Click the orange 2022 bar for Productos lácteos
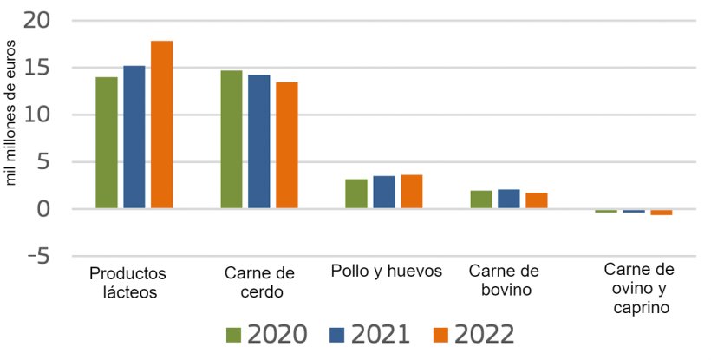tap(162, 124)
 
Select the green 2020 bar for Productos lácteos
tap(107, 143)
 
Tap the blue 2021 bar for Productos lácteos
tap(134, 137)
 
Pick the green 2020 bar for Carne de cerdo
tap(232, 140)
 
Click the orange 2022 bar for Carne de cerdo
tap(287, 145)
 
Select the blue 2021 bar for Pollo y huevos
tap(384, 193)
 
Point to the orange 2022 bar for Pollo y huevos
tap(412, 192)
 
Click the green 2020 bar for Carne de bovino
tap(481, 200)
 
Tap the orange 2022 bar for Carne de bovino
tap(537, 200)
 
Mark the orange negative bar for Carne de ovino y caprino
tap(662, 213)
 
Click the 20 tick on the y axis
tap(39, 20)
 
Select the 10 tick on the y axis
tap(39, 115)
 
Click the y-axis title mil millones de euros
tap(12, 115)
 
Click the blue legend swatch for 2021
tap(339, 335)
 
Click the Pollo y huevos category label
tap(387, 271)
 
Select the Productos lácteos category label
tap(127, 283)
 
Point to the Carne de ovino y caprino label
tap(639, 287)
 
